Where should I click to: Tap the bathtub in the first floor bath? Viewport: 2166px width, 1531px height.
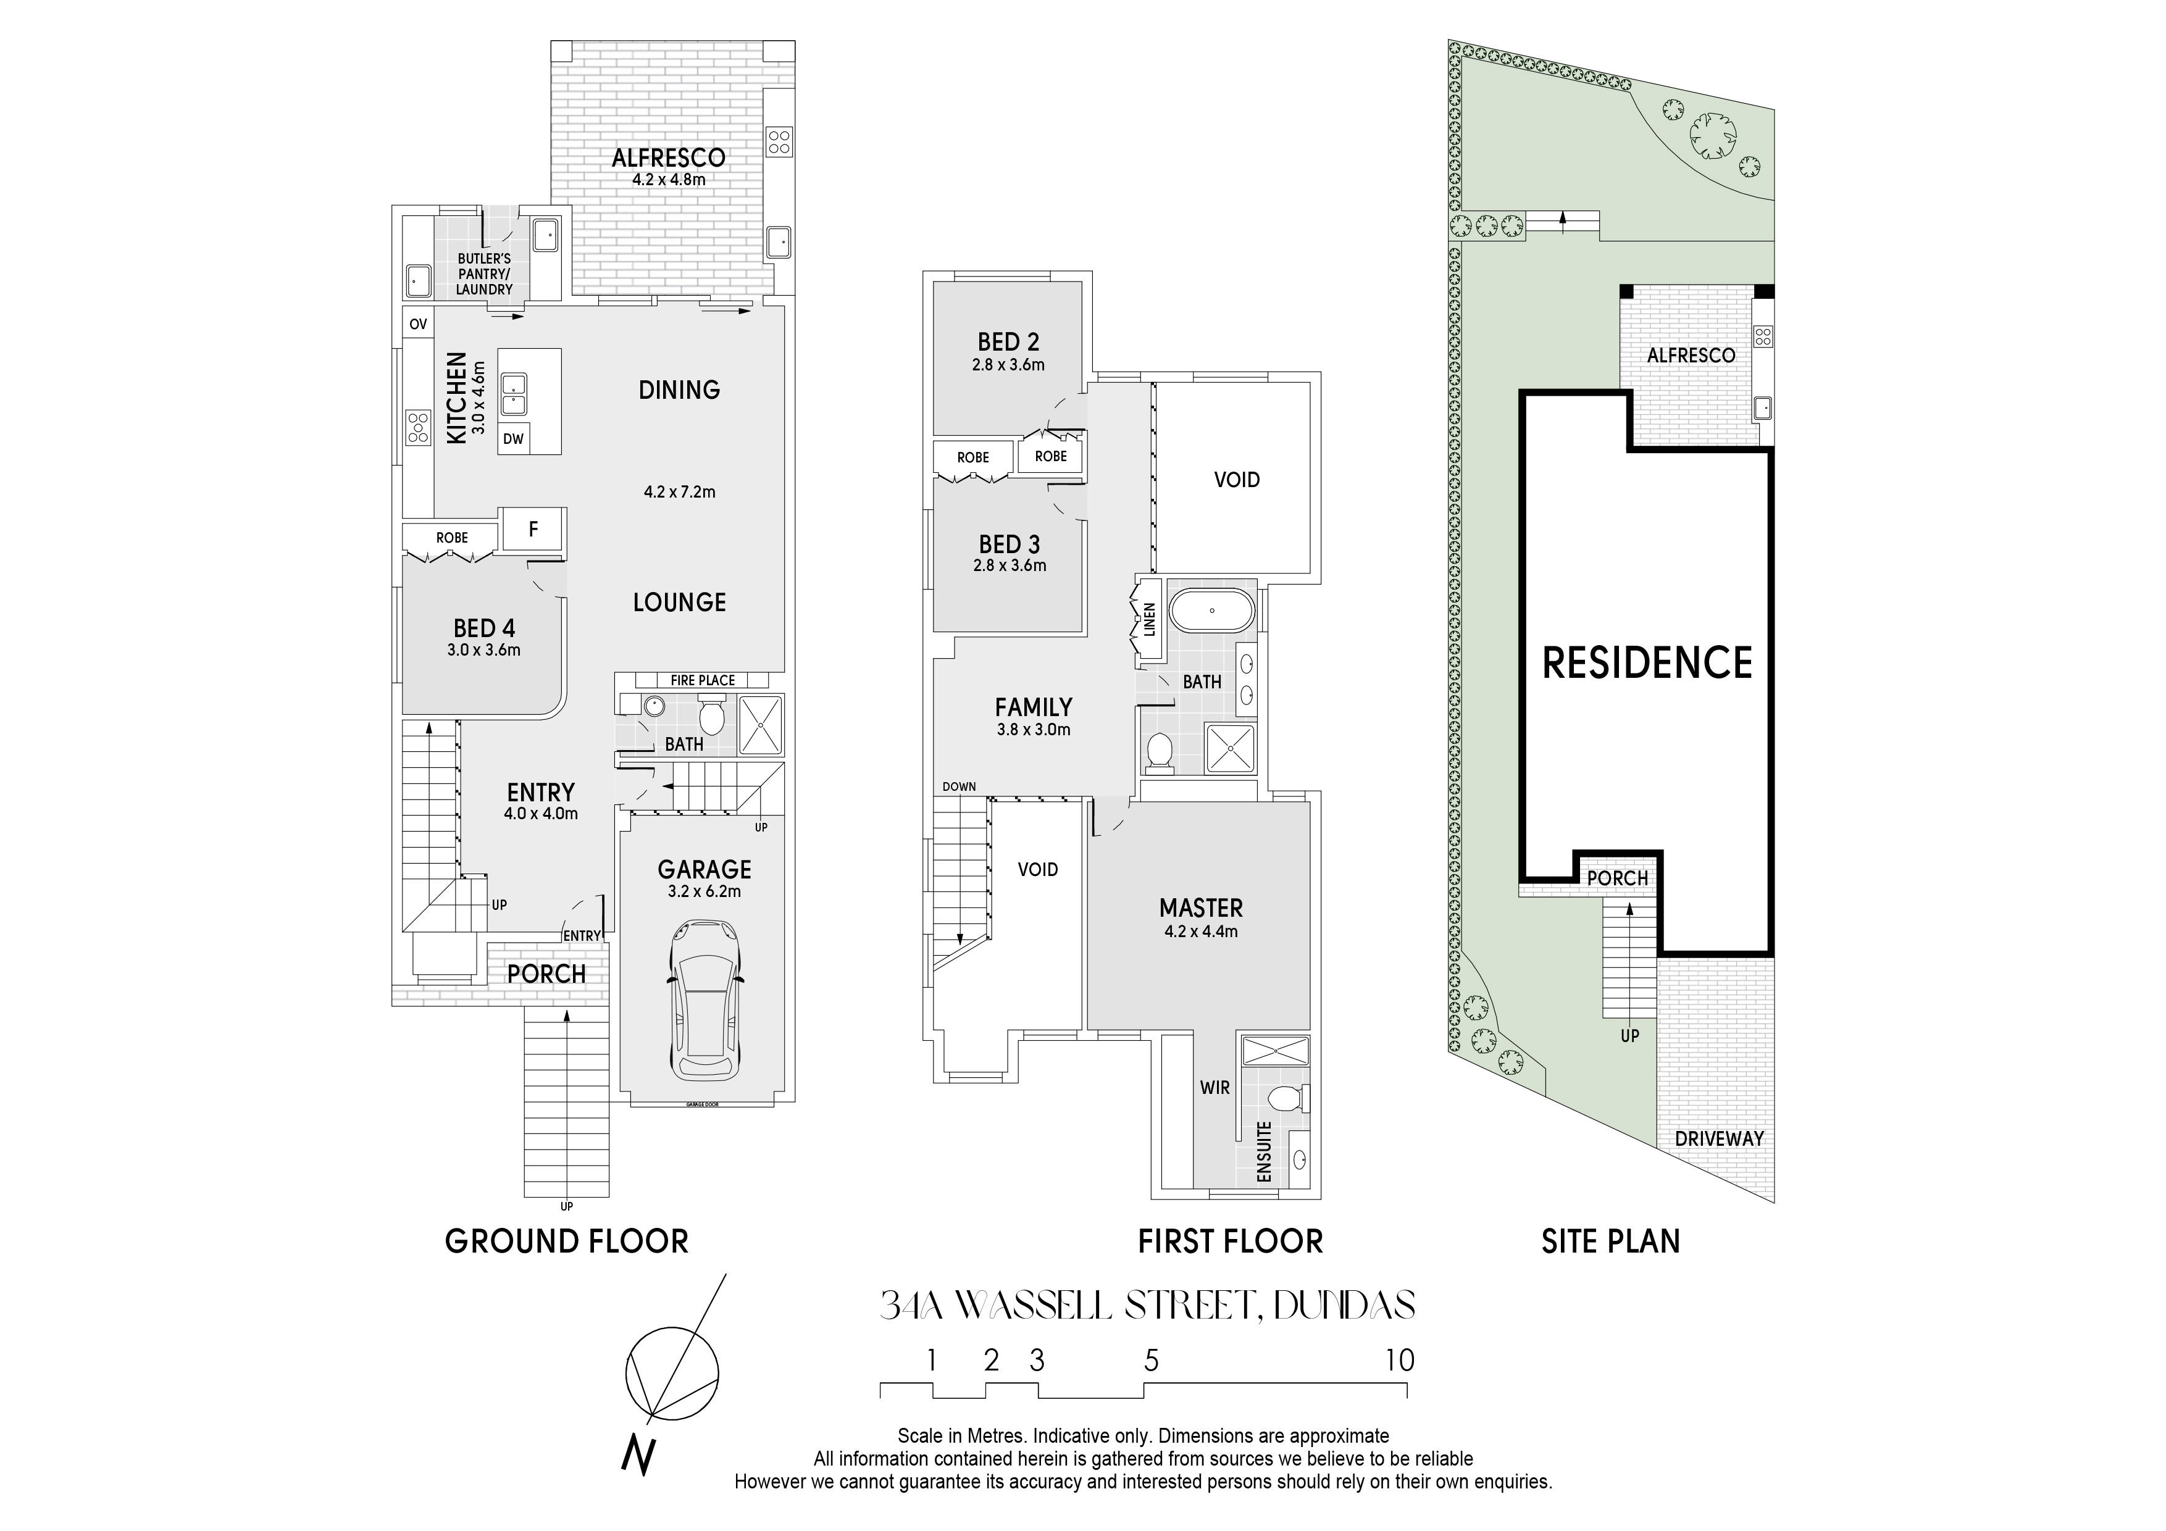1212,611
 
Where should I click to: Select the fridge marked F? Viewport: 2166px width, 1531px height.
533,529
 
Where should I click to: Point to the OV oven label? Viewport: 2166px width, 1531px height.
418,323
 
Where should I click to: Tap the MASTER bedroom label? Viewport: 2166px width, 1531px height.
1201,907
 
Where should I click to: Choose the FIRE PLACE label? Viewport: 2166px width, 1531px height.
703,680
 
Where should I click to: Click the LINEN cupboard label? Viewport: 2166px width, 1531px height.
1150,619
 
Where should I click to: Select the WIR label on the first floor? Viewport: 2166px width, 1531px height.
1215,1088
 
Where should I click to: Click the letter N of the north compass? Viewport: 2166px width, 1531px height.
638,1454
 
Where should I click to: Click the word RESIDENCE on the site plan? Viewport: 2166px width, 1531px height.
1647,662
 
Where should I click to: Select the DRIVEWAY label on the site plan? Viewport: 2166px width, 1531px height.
1719,1138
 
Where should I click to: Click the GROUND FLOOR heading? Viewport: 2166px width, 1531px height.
566,1241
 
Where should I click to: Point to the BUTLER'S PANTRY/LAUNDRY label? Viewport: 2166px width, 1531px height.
484,273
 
